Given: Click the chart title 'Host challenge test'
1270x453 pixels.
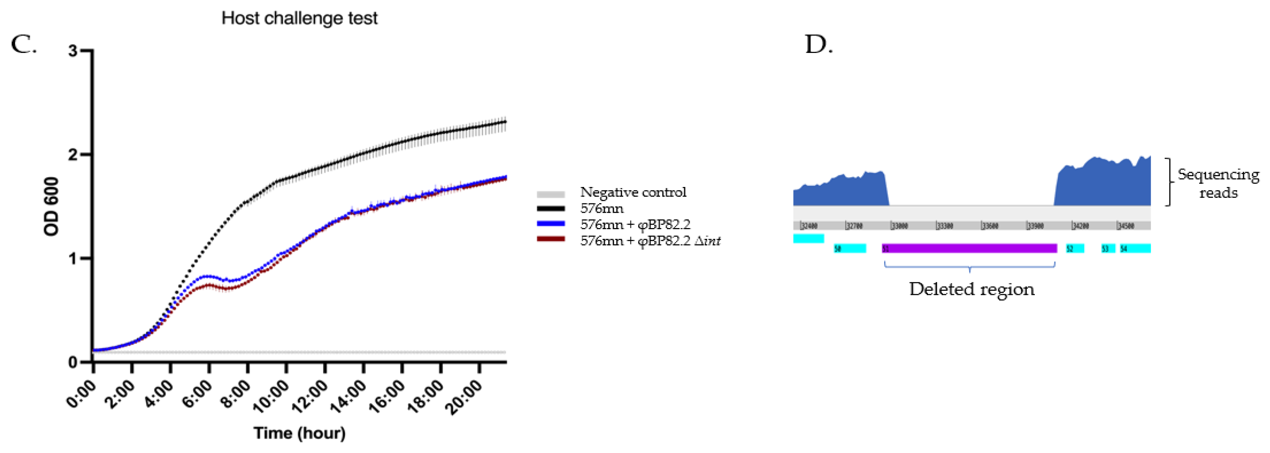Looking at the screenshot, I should (x=299, y=18).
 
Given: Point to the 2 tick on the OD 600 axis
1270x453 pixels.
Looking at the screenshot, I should (x=73, y=155).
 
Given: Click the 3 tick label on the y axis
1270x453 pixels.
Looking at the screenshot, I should (x=73, y=51).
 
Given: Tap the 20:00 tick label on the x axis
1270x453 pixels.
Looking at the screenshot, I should (x=464, y=396).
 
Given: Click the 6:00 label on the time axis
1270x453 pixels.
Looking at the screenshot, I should (x=197, y=394).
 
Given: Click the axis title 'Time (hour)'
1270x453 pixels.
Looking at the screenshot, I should (x=299, y=433).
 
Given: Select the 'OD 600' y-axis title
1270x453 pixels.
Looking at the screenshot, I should (x=51, y=206).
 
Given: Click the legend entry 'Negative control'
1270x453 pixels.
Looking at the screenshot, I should (x=633, y=192).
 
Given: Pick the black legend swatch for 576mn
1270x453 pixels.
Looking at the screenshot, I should (x=551, y=208).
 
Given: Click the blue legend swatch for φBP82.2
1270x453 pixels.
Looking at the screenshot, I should (x=551, y=224).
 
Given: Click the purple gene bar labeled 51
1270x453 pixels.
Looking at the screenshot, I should (x=969, y=248).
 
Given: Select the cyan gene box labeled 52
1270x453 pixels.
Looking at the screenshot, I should (x=1075, y=248).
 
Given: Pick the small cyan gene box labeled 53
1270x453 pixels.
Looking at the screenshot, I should (x=1108, y=248).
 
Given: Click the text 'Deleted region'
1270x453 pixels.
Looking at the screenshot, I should (x=971, y=289).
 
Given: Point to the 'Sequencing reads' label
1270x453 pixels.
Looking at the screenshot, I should (x=1218, y=183).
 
